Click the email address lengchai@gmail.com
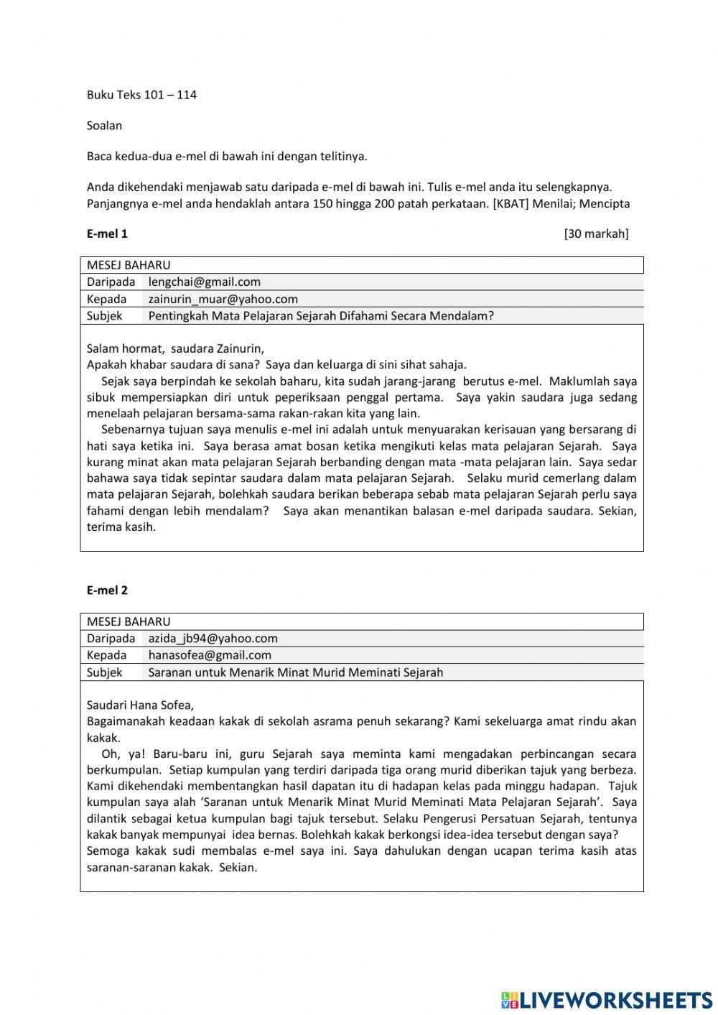click(x=205, y=282)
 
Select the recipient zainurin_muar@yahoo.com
click(x=223, y=300)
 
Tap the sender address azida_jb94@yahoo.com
click(x=213, y=639)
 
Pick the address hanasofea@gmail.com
click(x=210, y=655)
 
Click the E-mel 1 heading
click(x=107, y=233)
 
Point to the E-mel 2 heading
click(x=107, y=590)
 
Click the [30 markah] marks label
click(x=596, y=233)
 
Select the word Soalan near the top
click(x=104, y=126)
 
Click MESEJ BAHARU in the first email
click(x=129, y=265)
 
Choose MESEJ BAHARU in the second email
click(x=129, y=622)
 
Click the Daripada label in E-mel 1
click(x=111, y=282)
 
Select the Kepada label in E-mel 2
click(x=106, y=655)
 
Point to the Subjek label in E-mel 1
click(x=104, y=316)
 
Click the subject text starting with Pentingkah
click(x=321, y=316)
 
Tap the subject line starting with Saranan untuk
click(x=295, y=673)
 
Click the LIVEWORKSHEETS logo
click(x=607, y=999)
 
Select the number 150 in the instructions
click(x=324, y=203)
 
